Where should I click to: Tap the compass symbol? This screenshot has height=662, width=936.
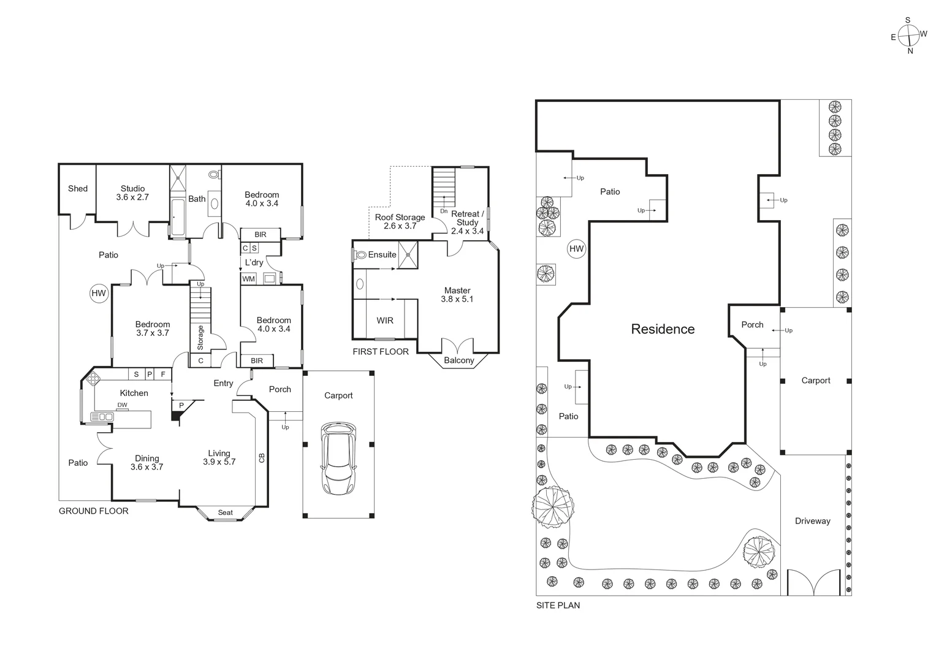click(x=908, y=36)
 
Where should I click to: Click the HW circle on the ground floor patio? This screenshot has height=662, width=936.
click(x=99, y=294)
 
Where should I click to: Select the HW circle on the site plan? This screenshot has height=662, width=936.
click(x=576, y=248)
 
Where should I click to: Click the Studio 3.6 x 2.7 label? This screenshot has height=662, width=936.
click(x=132, y=193)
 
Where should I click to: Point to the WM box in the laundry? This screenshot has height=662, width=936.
click(x=248, y=279)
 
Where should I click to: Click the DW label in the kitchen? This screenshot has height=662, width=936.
click(x=123, y=405)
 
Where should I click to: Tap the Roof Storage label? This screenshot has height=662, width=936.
click(x=400, y=221)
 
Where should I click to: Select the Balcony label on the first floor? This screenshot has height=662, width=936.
click(x=458, y=360)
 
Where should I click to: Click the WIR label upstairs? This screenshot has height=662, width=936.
click(x=385, y=321)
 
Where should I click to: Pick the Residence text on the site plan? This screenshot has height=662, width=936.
click(x=663, y=329)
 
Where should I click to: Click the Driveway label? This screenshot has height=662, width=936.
click(x=812, y=521)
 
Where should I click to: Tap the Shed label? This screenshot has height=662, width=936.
click(x=78, y=189)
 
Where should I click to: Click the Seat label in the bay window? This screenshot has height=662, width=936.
click(x=226, y=512)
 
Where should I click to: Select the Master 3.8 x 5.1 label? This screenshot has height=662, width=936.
click(x=457, y=295)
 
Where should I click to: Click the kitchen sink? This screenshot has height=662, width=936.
click(x=101, y=417)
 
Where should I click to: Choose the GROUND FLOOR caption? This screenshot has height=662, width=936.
click(x=93, y=511)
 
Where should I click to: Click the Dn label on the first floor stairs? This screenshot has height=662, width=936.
click(x=444, y=211)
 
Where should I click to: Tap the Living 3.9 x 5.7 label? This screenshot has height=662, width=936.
click(x=219, y=458)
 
